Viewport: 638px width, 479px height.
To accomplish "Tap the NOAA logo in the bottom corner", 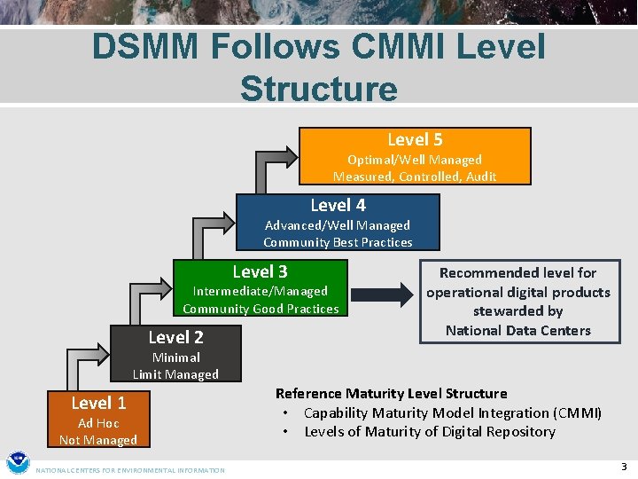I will tap(18, 463).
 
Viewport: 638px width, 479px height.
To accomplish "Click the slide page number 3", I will tap(624, 467).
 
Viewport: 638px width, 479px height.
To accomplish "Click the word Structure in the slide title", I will tap(318, 89).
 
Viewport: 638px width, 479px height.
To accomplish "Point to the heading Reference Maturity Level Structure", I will tap(391, 393).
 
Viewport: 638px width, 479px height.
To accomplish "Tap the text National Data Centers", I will tap(517, 331).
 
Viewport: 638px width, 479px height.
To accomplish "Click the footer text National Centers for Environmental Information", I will tap(130, 470).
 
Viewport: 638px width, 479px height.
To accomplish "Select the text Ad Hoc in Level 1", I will tap(98, 423).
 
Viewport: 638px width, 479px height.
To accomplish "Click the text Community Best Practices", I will tap(338, 242).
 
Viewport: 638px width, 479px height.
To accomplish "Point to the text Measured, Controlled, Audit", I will tap(415, 177).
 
